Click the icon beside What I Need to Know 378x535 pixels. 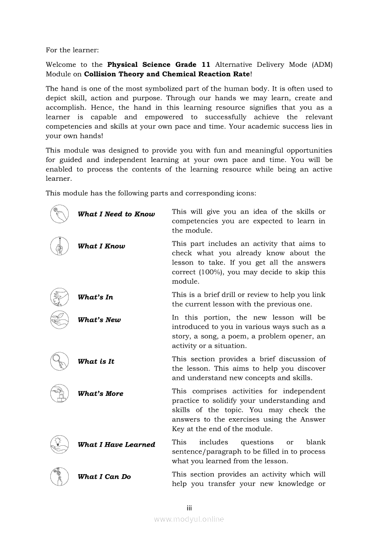[x=59, y=214]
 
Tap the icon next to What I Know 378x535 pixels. [x=59, y=246]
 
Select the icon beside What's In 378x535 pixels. [x=59, y=297]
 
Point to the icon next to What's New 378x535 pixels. [x=59, y=319]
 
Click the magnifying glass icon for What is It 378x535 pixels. [x=59, y=361]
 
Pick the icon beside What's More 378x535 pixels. [x=59, y=393]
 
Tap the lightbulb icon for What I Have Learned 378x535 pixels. [x=59, y=444]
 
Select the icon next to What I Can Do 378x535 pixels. [x=59, y=476]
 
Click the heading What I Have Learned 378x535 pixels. [x=116, y=444]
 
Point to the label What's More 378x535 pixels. [x=100, y=394]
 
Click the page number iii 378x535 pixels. [x=189, y=508]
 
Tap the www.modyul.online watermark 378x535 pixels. [x=189, y=519]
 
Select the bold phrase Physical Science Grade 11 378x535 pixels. [x=158, y=65]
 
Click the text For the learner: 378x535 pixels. [x=72, y=50]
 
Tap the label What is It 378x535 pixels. [x=96, y=362]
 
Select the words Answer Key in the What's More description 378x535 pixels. [x=308, y=420]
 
